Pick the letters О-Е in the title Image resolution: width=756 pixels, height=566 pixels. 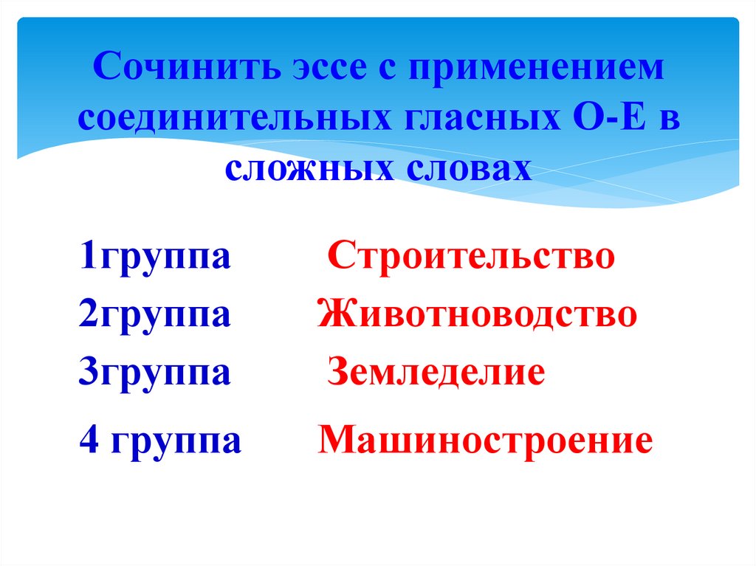[x=599, y=119]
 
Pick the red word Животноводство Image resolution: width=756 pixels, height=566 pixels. [x=478, y=314]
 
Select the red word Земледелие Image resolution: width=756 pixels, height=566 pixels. [x=436, y=371]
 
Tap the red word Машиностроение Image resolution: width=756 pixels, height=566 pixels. [x=486, y=441]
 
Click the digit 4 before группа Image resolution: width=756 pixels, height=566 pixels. [x=88, y=442]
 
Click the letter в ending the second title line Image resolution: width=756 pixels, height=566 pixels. [x=668, y=120]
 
